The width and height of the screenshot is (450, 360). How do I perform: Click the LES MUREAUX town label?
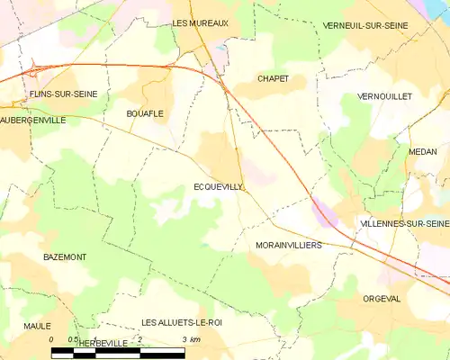pos(201,23)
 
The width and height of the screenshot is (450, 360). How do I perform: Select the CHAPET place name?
pos(273,78)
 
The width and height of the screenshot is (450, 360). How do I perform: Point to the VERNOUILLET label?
pos(383,95)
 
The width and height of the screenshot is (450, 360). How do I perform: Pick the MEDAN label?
pos(421,152)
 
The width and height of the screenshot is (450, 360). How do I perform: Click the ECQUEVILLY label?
pos(218,186)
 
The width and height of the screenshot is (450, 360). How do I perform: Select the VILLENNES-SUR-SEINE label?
pos(403,222)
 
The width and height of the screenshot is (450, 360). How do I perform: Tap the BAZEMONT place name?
pos(65,256)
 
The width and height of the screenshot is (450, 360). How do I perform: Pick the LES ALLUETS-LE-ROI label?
pos(181,322)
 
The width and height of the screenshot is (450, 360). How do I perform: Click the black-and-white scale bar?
pos(118,351)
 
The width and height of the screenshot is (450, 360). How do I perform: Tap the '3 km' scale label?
pos(190,339)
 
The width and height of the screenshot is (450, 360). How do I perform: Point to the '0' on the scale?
pos(51,339)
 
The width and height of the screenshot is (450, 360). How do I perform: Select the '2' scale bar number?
pos(139,339)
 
